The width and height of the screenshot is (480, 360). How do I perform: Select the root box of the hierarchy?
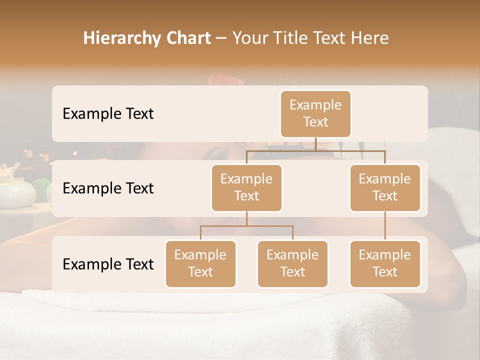coord(315,113)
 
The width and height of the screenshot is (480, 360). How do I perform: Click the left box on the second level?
coord(246,187)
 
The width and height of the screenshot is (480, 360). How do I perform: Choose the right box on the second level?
coord(385,187)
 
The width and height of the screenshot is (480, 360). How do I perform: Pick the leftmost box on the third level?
coord(200,263)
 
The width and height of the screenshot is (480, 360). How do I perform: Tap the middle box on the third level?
coord(292,263)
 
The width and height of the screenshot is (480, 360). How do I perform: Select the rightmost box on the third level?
coord(385,263)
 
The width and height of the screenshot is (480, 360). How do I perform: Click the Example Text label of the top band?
coord(108,113)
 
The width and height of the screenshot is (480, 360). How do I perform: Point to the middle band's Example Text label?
coord(108,188)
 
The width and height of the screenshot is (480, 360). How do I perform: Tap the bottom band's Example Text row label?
coord(108,264)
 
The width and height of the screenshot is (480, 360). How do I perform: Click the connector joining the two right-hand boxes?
coord(385,226)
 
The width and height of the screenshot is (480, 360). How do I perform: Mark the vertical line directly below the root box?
coord(315,144)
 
